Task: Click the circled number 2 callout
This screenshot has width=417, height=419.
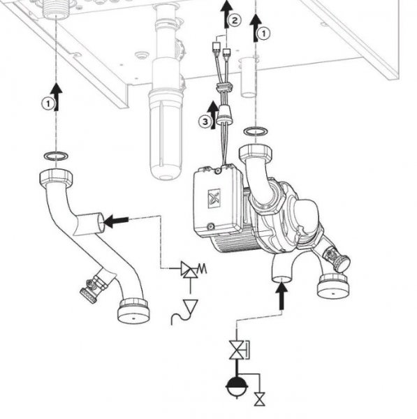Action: tap(235, 20)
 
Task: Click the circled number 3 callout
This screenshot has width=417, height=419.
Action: tap(205, 122)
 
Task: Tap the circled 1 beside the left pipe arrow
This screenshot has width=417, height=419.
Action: tap(48, 103)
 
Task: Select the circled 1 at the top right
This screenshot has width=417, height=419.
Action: tap(264, 34)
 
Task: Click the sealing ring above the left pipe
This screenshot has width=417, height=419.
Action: tap(56, 156)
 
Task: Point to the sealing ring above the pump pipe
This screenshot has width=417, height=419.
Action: tap(256, 131)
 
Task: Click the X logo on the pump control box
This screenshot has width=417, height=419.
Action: tap(214, 198)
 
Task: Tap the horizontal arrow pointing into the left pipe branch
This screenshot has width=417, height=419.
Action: tap(116, 221)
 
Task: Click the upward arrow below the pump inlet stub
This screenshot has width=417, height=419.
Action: tap(281, 296)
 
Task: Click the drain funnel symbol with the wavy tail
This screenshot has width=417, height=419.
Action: tap(185, 311)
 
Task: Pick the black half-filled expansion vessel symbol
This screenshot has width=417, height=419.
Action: tap(237, 387)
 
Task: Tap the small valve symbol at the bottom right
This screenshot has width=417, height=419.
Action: tap(259, 399)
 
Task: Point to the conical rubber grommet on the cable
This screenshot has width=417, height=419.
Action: tap(224, 115)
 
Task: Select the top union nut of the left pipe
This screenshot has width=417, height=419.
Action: tap(56, 177)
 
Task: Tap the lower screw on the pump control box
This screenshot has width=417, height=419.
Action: tap(211, 226)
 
